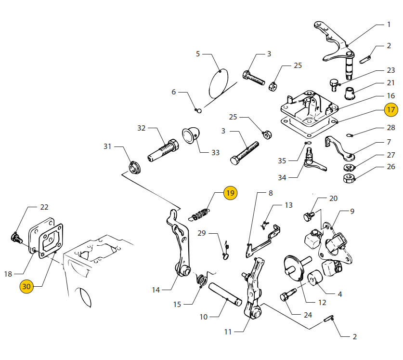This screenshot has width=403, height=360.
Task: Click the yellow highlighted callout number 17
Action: pos(391,109)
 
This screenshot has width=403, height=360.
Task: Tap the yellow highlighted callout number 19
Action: pos(230,193)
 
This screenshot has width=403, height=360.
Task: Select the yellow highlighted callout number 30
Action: pos(26,286)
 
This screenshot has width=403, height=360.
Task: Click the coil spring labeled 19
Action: pos(200,214)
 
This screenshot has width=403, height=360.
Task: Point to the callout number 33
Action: pos(215,153)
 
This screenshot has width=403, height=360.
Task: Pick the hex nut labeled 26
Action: pos(349,178)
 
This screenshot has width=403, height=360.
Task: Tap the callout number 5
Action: pos(197,54)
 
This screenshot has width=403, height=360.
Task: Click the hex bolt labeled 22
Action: pos(17,238)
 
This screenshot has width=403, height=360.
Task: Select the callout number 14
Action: pos(156,290)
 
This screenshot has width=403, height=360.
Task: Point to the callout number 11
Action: pos(228,332)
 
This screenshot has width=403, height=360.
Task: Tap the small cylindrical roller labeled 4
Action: pos(315,278)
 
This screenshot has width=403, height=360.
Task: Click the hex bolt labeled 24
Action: pos(288,294)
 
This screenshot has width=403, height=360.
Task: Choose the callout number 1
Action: pos(389,25)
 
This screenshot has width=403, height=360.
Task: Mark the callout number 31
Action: pos(107,147)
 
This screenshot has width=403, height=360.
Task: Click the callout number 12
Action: pos(322,303)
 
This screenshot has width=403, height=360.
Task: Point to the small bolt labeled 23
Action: pos(333,85)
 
